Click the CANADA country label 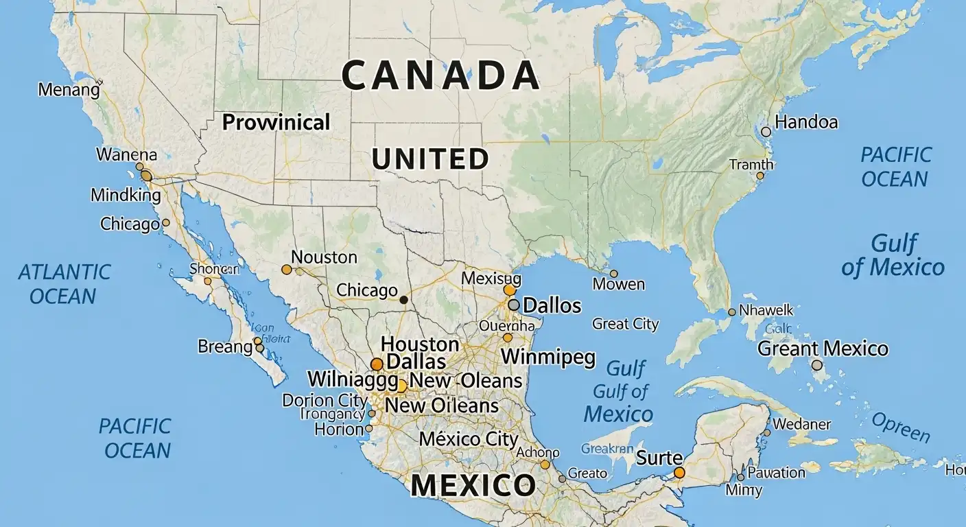pos(440,75)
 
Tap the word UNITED pos(430,159)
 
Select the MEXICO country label pos(473,485)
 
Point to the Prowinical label pos(276,122)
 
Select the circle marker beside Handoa pos(766,131)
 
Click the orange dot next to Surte pos(679,472)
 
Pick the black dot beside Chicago pos(403,299)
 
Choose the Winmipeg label pos(548,358)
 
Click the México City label pos(469,438)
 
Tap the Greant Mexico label pos(823,349)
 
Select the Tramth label pos(751,165)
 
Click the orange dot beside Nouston pos(287,270)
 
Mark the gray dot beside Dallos pos(513,305)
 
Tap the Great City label pos(625,324)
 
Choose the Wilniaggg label pos(353,379)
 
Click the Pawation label pos(775,472)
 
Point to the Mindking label pos(126,195)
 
